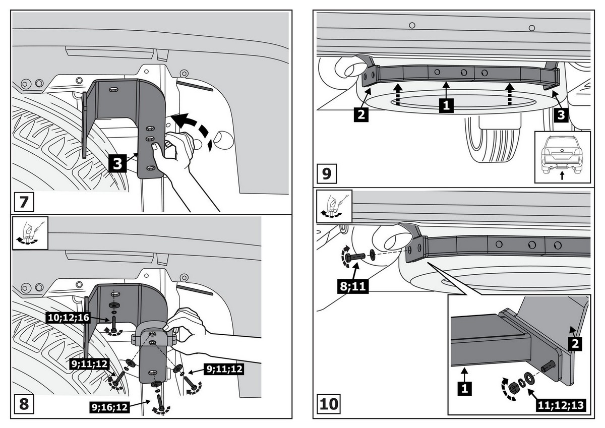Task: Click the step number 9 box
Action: tap(326, 174)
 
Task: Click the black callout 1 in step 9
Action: tap(445, 105)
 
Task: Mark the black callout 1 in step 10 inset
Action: tap(465, 388)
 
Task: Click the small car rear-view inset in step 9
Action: tap(562, 156)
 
